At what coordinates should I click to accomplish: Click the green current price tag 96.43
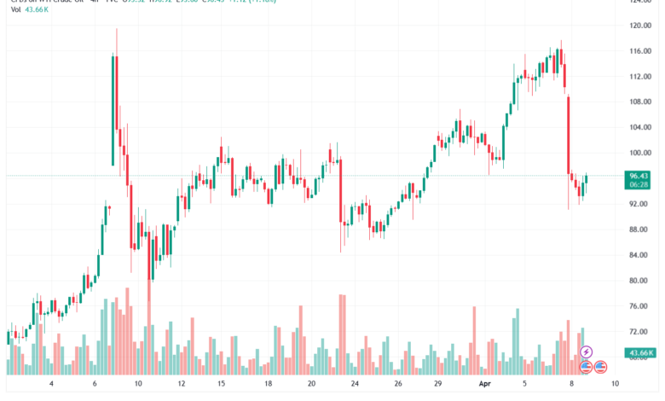click(x=639, y=176)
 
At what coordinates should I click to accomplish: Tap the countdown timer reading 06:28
click(x=639, y=184)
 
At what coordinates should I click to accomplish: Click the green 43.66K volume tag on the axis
click(x=639, y=352)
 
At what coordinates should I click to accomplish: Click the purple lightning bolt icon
click(x=587, y=352)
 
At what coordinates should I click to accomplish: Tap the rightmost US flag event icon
click(x=600, y=367)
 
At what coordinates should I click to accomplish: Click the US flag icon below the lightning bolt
click(x=587, y=367)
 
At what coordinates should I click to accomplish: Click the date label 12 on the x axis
click(x=182, y=385)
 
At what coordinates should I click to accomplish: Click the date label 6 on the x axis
click(x=95, y=385)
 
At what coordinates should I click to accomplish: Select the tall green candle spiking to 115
click(x=113, y=110)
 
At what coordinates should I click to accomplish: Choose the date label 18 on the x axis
click(x=267, y=385)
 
